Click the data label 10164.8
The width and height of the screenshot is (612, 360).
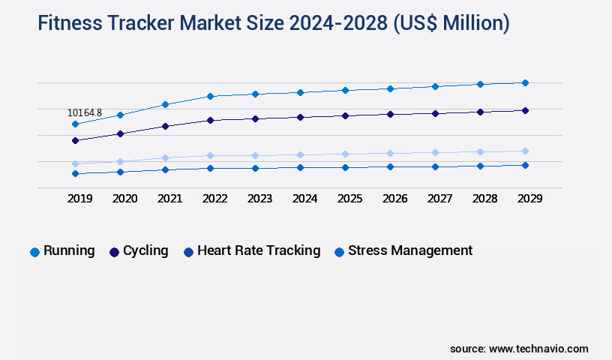click(x=85, y=113)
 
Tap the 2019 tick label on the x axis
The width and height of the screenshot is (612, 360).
click(x=79, y=199)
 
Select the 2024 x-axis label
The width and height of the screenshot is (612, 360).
click(x=304, y=199)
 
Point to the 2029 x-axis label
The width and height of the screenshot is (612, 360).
click(x=529, y=199)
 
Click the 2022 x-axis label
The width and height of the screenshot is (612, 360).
click(x=214, y=199)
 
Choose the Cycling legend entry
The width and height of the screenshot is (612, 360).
click(x=139, y=251)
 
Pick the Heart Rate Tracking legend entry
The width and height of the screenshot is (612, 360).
click(x=252, y=251)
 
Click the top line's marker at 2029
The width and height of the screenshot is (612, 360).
click(x=525, y=82)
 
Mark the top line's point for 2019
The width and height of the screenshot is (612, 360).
click(x=75, y=124)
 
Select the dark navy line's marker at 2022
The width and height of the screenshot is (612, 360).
click(x=210, y=120)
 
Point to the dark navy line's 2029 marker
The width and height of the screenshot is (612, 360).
click(x=525, y=110)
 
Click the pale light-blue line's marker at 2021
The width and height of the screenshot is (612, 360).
click(x=165, y=157)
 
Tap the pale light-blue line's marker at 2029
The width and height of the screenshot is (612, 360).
click(x=525, y=151)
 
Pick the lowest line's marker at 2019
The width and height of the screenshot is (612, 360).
click(x=75, y=173)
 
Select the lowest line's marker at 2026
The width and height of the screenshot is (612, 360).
click(x=390, y=166)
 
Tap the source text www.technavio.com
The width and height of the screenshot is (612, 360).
click(x=538, y=349)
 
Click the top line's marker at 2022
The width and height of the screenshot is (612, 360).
click(x=210, y=96)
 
